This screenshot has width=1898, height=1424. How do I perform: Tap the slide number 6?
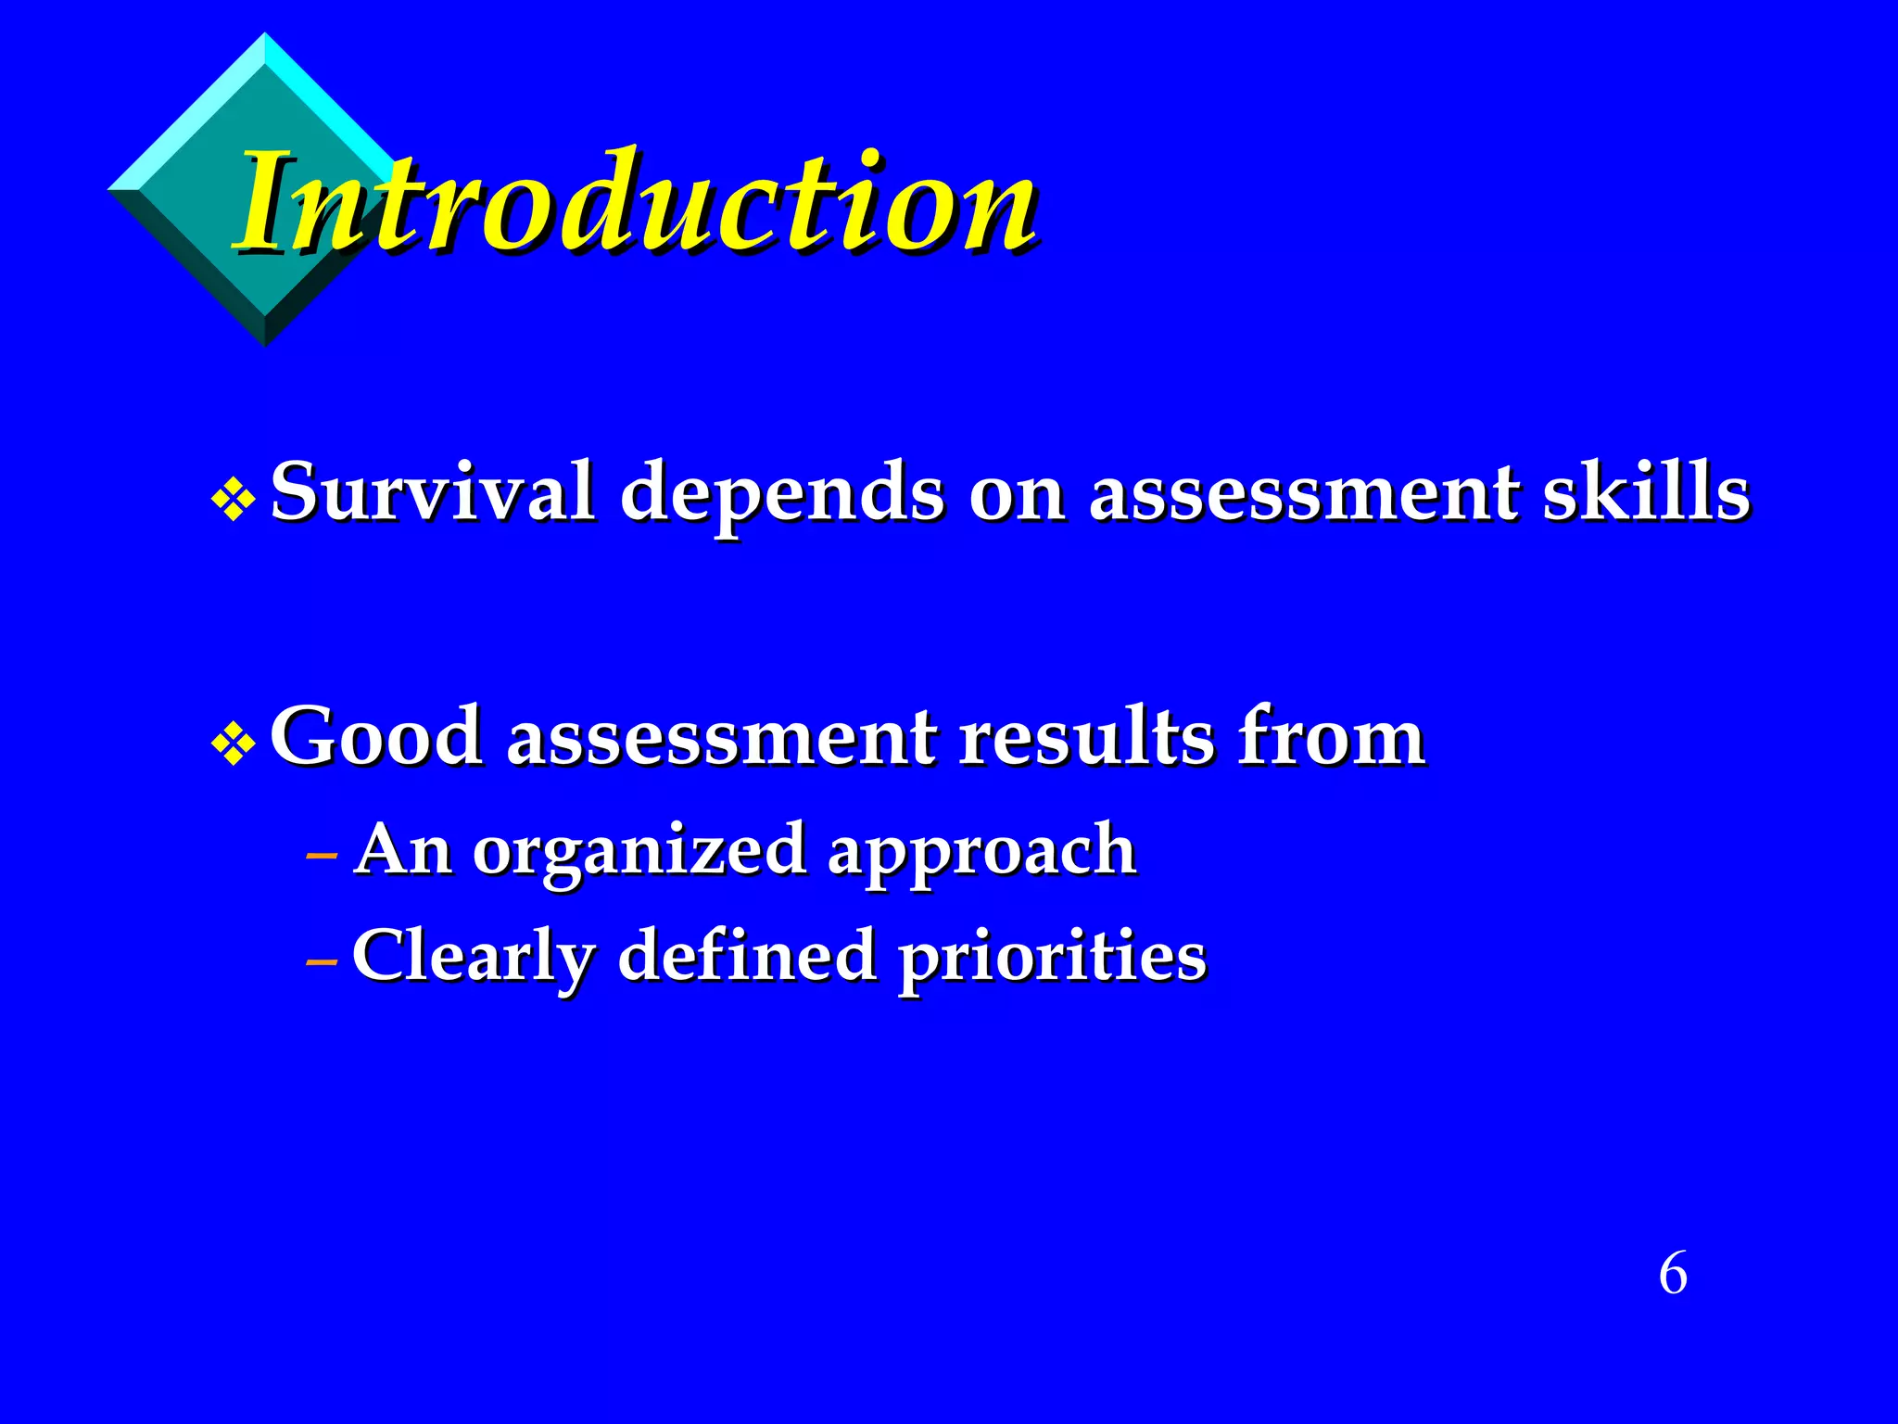pos(1673,1274)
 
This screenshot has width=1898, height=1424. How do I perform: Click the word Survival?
pos(433,491)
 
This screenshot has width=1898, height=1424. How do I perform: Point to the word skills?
pos(1646,491)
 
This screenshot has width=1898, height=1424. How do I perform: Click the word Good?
pos(376,737)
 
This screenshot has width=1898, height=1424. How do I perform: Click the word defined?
pos(746,955)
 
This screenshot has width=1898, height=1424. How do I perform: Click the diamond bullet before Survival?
pos(233,500)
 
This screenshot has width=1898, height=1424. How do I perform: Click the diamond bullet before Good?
pos(233,744)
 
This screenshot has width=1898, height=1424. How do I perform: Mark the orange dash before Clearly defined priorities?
pos(322,963)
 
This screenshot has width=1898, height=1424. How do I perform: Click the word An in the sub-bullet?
pos(404,849)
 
